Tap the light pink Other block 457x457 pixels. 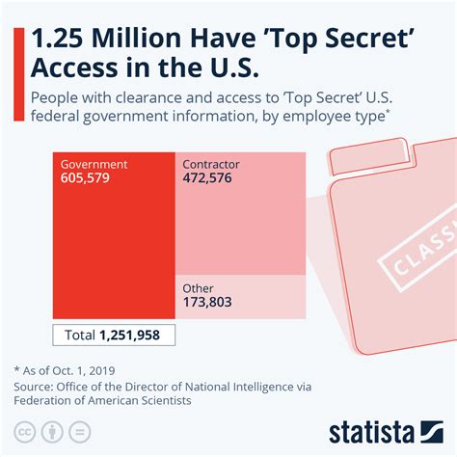(x=241, y=299)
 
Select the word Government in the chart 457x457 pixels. (x=94, y=165)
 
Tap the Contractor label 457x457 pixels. (x=211, y=165)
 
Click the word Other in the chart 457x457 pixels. (x=198, y=288)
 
